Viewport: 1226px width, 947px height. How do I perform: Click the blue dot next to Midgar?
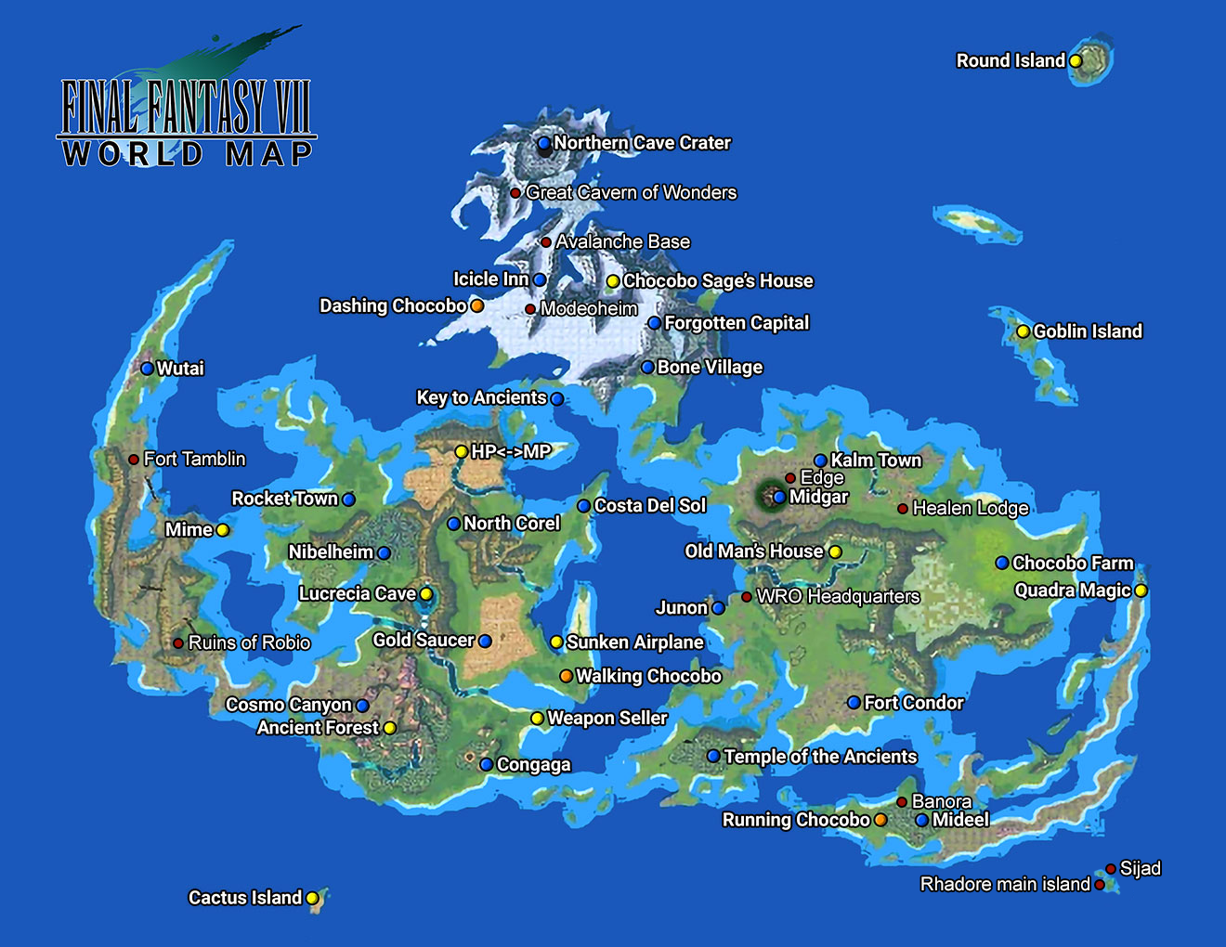pyautogui.click(x=779, y=498)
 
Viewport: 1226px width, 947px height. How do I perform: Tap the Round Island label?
pyautogui.click(x=1011, y=61)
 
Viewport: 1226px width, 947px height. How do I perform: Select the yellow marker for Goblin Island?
pyautogui.click(x=1023, y=331)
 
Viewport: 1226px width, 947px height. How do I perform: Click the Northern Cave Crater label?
pyautogui.click(x=642, y=143)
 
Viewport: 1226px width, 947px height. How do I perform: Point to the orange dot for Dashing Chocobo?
pyautogui.click(x=476, y=305)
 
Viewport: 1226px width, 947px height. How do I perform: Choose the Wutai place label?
pyautogui.click(x=180, y=369)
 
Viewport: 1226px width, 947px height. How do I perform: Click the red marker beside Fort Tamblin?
pyautogui.click(x=134, y=459)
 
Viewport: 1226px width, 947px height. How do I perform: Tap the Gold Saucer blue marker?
pyautogui.click(x=485, y=641)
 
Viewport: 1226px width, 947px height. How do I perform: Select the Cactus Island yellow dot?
pyautogui.click(x=312, y=898)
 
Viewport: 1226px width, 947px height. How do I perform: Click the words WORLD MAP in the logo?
pyautogui.click(x=188, y=154)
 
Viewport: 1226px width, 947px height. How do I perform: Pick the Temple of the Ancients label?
pyautogui.click(x=820, y=757)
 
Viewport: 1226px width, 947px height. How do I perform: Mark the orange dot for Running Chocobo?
pyautogui.click(x=880, y=820)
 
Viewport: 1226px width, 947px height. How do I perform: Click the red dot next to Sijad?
pyautogui.click(x=1110, y=869)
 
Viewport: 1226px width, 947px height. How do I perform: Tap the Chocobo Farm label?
pyautogui.click(x=1073, y=563)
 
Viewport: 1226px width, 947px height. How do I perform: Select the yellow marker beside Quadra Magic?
pyautogui.click(x=1141, y=590)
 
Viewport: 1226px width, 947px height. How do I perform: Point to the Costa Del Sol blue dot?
pyautogui.click(x=583, y=506)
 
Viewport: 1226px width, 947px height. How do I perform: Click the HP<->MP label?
pyautogui.click(x=511, y=452)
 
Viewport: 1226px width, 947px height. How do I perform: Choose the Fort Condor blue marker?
pyautogui.click(x=854, y=703)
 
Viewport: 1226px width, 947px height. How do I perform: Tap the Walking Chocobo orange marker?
pyautogui.click(x=566, y=676)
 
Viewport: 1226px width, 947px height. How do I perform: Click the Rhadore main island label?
pyautogui.click(x=1005, y=885)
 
